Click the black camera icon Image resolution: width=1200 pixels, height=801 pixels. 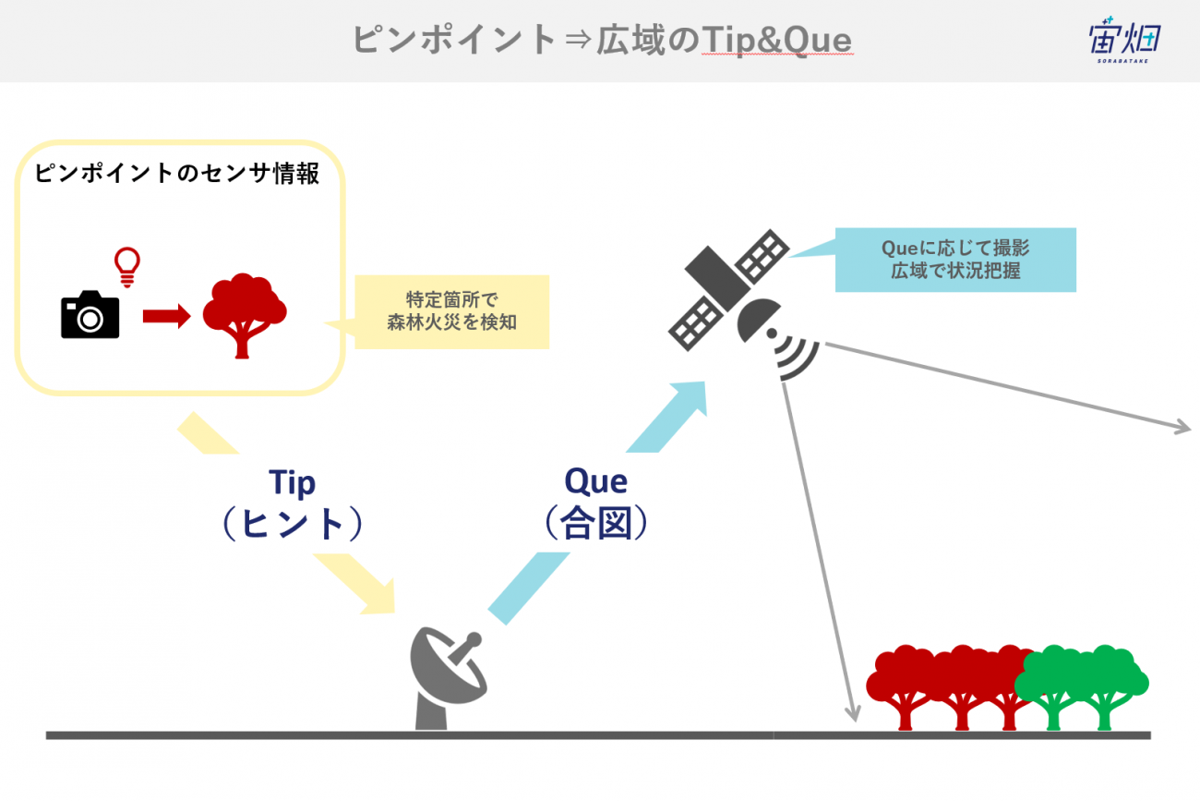tap(90, 315)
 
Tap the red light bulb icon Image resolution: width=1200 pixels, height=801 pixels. tap(127, 266)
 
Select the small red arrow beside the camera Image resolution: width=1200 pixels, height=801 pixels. tap(166, 316)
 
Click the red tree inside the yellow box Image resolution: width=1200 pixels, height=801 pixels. tap(245, 315)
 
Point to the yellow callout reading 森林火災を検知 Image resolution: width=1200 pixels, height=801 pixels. tap(451, 311)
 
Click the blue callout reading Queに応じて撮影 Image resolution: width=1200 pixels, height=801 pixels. tap(955, 260)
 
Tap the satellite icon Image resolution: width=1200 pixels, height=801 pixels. tap(742, 305)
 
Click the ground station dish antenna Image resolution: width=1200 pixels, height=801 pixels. tap(448, 678)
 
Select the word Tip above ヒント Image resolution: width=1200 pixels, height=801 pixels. tap(292, 483)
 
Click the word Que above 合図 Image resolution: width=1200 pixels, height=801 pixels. tap(595, 481)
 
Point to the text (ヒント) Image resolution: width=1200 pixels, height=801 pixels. tap(293, 523)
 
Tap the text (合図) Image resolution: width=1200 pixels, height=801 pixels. tap(596, 522)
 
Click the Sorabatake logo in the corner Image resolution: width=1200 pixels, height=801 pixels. tap(1124, 40)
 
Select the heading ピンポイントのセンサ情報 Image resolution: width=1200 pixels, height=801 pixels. tap(177, 173)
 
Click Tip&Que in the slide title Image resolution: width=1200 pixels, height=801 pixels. tap(777, 41)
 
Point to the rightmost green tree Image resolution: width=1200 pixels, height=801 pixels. tap(1105, 686)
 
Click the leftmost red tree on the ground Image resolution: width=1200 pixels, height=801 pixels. tap(906, 687)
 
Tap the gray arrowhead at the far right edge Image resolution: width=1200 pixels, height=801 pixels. tap(1182, 427)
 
